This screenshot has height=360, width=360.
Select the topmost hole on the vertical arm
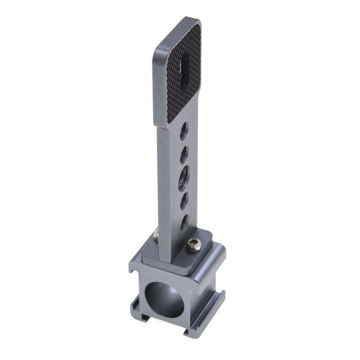click(x=185, y=128)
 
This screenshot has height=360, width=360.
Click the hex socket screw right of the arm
click(x=193, y=244)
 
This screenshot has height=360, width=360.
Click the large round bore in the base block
click(x=167, y=298)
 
